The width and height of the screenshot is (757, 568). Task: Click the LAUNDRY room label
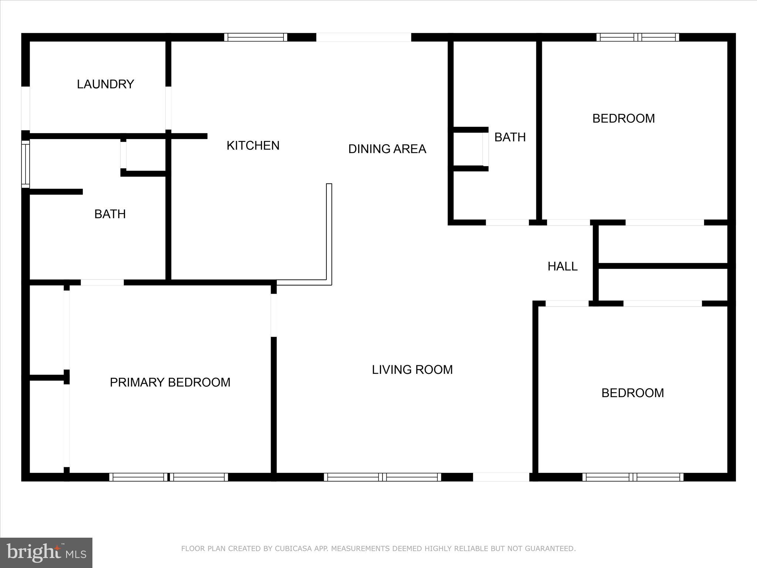coord(105,84)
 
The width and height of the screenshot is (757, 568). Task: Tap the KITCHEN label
coord(253,146)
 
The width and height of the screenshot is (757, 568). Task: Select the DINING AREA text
coord(387,149)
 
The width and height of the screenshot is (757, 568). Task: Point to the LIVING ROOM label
coord(412,370)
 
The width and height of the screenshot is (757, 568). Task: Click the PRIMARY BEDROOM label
coord(170,382)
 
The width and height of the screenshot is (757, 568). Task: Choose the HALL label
coord(562,267)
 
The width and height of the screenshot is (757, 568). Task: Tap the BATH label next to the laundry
coord(110,214)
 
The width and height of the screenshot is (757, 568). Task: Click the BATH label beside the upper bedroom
coord(510,138)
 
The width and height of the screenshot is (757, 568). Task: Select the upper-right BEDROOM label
coord(623,119)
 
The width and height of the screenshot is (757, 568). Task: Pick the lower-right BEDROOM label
coord(632,393)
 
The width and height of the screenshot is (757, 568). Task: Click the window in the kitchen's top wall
coord(255,37)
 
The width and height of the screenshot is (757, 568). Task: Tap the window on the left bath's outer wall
coord(25,164)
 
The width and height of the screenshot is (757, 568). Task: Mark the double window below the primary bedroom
coord(169,477)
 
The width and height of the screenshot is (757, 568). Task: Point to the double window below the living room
coord(382,477)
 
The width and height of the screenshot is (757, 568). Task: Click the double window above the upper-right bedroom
coord(638,37)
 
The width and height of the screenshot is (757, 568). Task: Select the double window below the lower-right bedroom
coord(633,477)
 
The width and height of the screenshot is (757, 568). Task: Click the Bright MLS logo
coord(46,553)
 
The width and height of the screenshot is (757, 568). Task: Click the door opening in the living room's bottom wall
coord(501,477)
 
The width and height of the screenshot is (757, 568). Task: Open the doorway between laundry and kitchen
coord(168,108)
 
